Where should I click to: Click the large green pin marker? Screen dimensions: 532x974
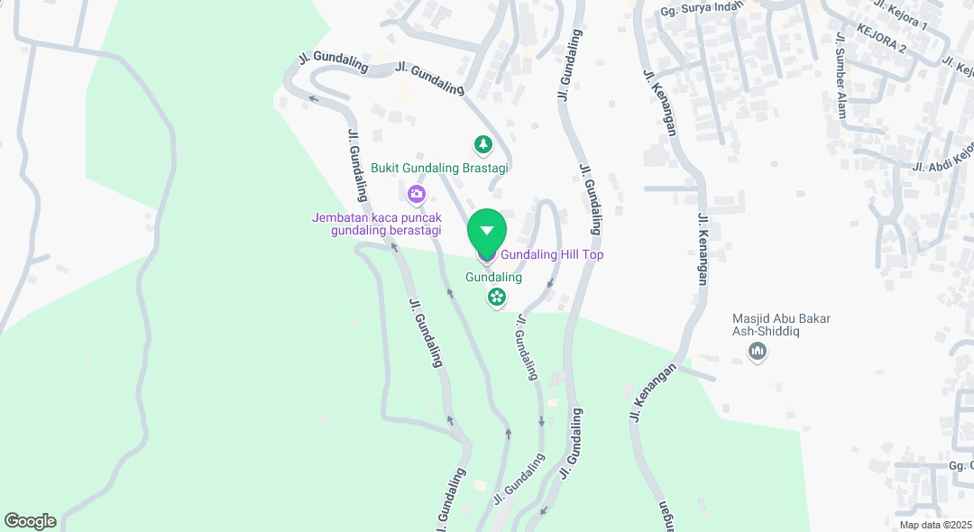point(487,232)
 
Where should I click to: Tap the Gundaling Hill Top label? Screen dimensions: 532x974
point(552,255)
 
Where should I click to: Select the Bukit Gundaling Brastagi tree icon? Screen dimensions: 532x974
point(483,144)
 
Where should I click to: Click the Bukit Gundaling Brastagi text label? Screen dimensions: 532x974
point(440,169)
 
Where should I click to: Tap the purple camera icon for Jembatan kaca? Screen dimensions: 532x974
point(416,193)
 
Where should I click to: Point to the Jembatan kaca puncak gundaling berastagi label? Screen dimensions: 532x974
point(377,225)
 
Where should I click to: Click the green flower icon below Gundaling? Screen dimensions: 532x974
point(496,297)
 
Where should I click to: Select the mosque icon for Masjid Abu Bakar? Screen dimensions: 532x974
point(758,352)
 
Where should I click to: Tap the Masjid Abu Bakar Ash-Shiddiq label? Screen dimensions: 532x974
point(781,325)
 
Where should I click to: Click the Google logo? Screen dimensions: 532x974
point(30,521)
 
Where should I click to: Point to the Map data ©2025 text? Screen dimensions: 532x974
point(935,525)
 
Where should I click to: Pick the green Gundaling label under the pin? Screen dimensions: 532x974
point(493,278)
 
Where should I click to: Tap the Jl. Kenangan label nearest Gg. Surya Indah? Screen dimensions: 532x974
point(659,101)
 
